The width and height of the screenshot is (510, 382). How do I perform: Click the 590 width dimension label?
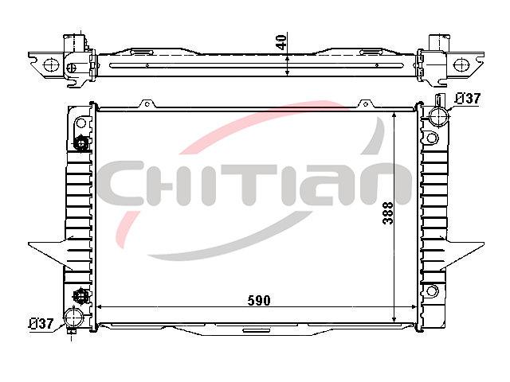259,301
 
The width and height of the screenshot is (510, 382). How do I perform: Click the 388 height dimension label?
388,213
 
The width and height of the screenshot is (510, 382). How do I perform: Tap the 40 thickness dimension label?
281,42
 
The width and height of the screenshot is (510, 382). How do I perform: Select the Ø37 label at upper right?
467,99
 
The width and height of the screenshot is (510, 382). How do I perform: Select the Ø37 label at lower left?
41,324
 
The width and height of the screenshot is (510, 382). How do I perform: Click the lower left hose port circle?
74,318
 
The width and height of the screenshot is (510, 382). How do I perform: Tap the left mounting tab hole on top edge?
147,104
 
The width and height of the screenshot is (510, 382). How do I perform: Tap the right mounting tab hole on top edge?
365,104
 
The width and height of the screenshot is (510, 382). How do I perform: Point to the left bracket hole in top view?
51,64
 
